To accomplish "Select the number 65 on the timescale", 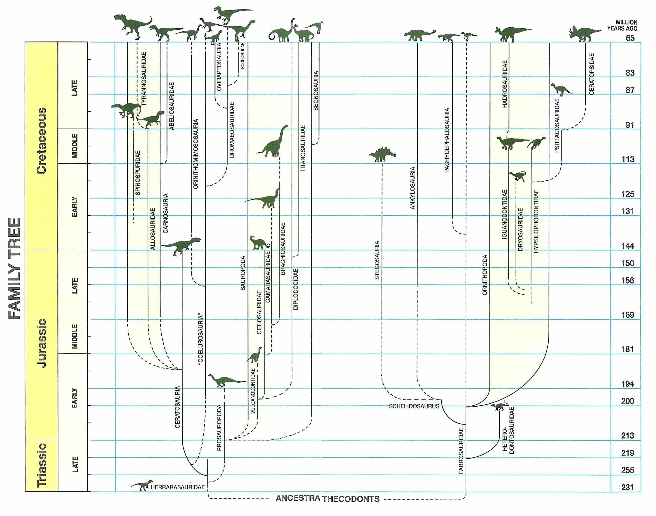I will click(x=630, y=38).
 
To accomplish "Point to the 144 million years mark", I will click(x=628, y=246).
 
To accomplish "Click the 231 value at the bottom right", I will click(x=628, y=487).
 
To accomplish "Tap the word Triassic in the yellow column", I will click(x=42, y=465).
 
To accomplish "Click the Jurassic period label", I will click(x=42, y=343).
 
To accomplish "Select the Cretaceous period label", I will click(x=42, y=141).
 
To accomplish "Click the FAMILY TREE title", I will click(x=15, y=268).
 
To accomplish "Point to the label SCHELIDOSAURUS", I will click(x=414, y=406).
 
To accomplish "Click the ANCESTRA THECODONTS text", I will click(x=327, y=498).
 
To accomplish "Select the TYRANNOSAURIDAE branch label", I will click(x=144, y=79).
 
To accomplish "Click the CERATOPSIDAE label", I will click(x=592, y=74).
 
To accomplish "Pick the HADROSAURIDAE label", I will click(x=505, y=84).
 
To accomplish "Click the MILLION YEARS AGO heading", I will click(x=622, y=25).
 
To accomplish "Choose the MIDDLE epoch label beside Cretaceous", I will click(x=75, y=146).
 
